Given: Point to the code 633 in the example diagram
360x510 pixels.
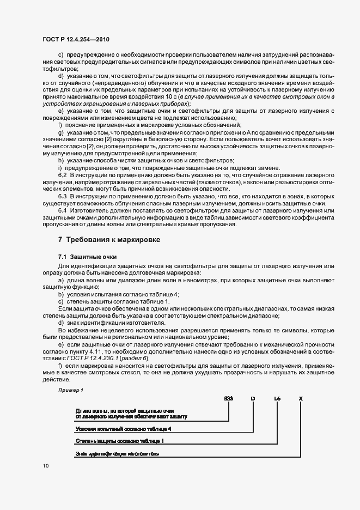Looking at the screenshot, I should tap(229, 399).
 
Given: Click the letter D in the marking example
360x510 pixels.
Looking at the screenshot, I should tap(252, 399).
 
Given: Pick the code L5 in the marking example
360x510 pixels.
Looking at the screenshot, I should tap(277, 399).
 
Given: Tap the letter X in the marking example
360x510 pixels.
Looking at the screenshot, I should tap(301, 399).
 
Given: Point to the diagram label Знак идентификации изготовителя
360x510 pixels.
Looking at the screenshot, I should tap(117, 453).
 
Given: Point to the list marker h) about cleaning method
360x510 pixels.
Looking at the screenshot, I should tap(60, 160).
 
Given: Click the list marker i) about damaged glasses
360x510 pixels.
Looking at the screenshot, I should tap(60, 168).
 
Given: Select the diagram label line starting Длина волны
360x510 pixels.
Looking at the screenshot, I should tap(125, 409).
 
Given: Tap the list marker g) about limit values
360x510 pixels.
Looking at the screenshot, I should tap(60, 132).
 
